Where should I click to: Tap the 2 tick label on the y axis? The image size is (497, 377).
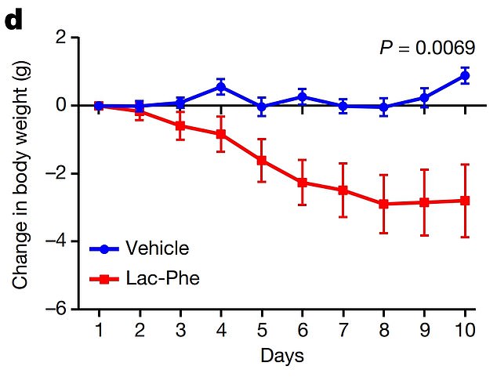pos(60,38)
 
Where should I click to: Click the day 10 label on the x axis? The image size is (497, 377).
pos(464,329)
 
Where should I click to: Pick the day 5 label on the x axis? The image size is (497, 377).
pos(262,329)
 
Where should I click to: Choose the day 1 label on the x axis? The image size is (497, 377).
pos(99,329)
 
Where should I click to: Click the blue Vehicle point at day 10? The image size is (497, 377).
pos(465,75)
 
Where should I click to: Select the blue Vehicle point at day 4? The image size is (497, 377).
pos(221,87)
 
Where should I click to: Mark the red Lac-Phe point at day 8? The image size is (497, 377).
pos(383,204)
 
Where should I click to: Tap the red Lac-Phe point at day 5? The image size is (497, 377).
pos(262,160)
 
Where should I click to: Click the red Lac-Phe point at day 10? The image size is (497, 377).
pos(465,201)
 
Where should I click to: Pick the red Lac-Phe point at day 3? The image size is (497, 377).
pos(180,125)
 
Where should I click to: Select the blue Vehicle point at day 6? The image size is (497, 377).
pos(302,97)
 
